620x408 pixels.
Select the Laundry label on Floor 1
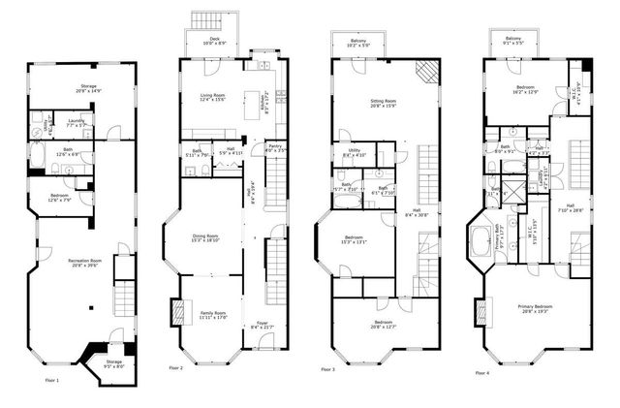[74, 123]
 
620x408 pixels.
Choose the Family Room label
[212, 316]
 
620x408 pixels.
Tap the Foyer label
[261, 326]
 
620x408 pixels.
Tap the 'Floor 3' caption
[326, 369]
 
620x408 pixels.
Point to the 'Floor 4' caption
[481, 373]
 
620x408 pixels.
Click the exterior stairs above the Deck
[206, 20]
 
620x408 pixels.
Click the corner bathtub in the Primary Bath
[480, 242]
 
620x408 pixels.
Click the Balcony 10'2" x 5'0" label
[357, 44]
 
